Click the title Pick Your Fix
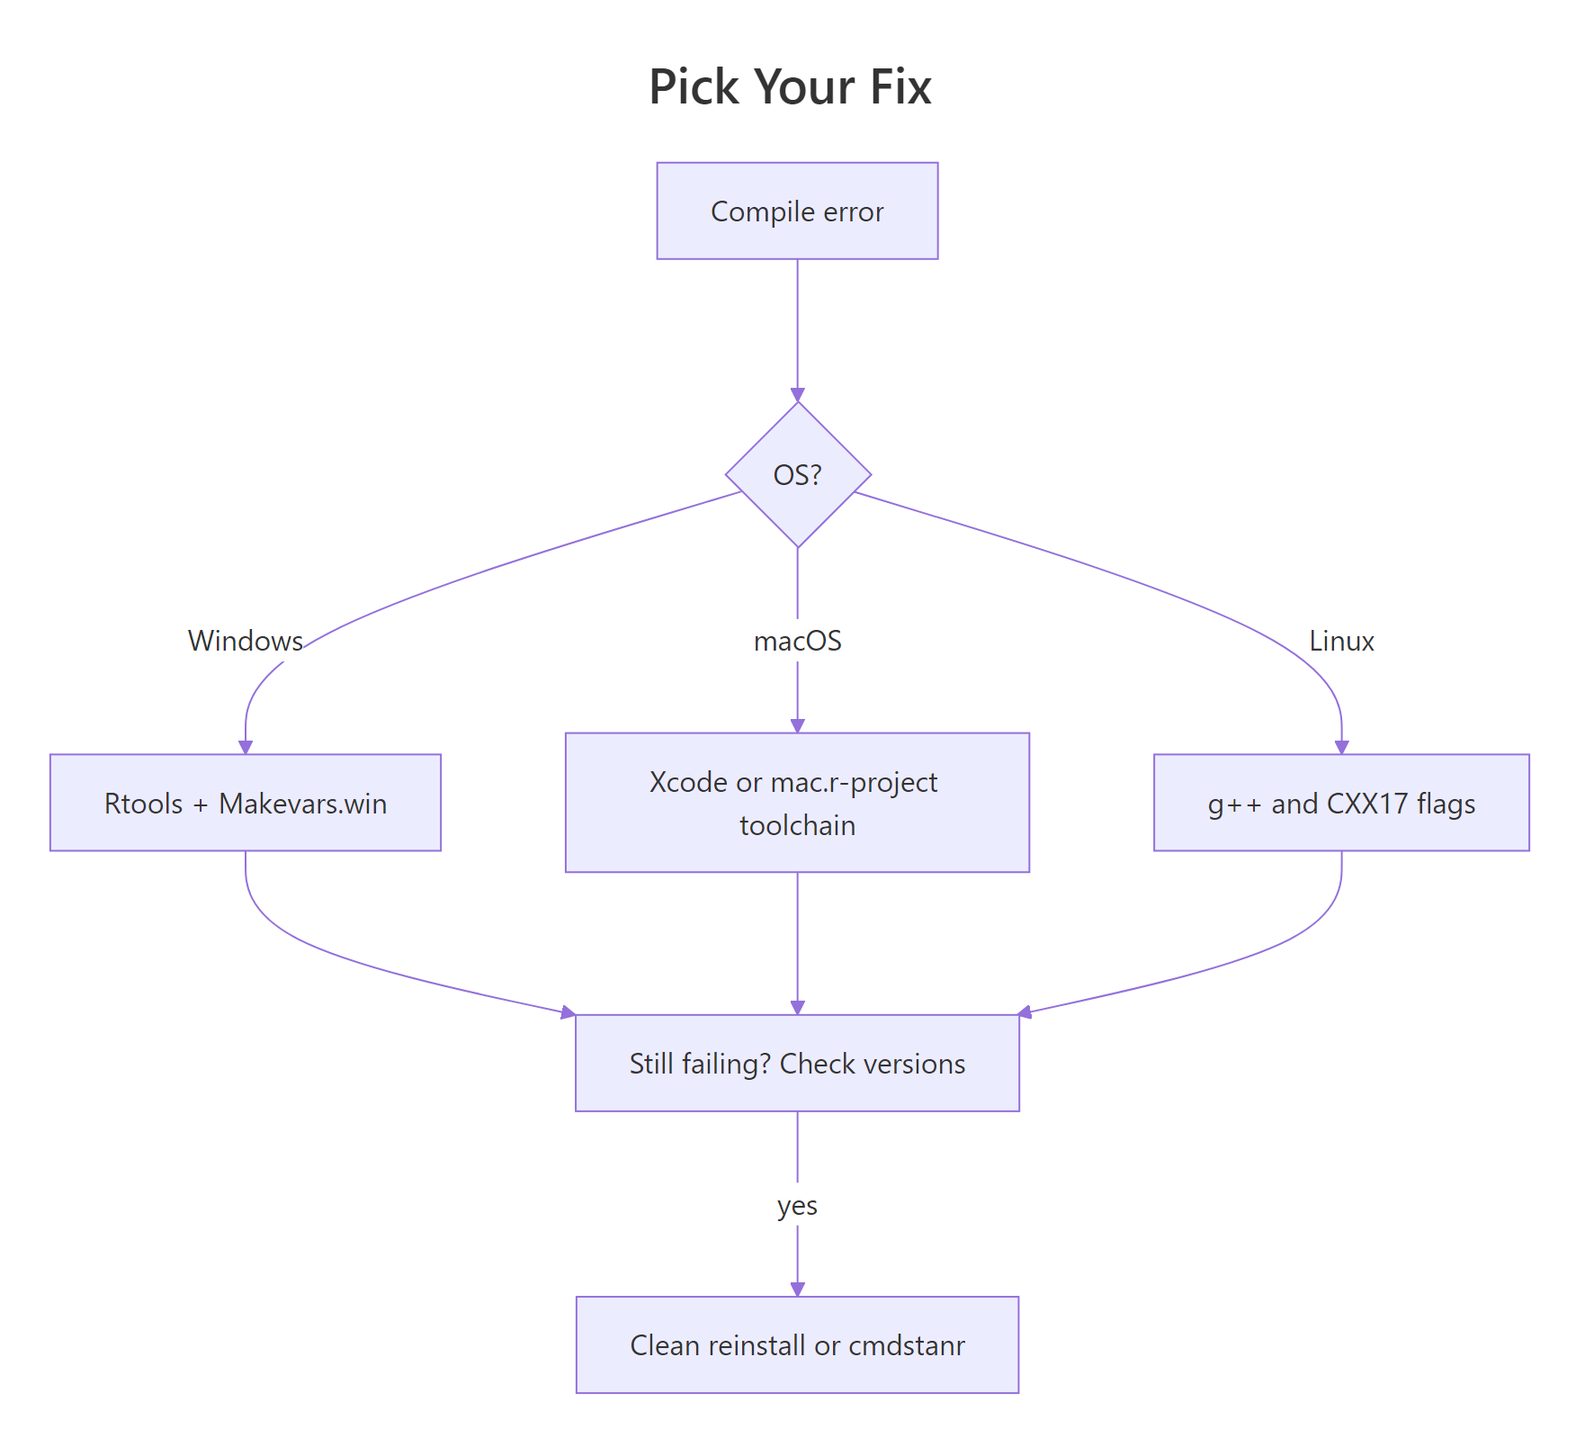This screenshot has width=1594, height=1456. point(790,87)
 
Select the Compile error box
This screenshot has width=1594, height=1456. point(797,211)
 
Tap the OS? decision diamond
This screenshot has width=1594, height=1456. point(797,474)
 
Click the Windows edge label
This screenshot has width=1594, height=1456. point(245,641)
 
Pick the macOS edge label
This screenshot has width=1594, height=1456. point(797,641)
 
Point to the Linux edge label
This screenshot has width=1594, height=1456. point(1341,641)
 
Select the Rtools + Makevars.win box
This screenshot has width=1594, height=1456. point(246,803)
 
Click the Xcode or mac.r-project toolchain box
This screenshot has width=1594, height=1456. point(797,803)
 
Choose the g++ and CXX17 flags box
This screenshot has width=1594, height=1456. point(1341,803)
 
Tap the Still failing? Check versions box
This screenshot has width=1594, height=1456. point(797,1064)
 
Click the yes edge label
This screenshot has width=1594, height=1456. point(797,1205)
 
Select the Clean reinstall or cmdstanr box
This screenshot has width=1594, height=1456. point(797,1345)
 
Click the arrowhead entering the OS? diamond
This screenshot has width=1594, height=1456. point(797,395)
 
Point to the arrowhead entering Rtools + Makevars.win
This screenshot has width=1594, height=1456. point(246,747)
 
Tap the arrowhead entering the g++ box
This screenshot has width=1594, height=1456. point(1341,747)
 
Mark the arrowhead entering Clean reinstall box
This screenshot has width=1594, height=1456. point(797,1290)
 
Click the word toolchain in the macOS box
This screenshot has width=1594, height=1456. point(797,825)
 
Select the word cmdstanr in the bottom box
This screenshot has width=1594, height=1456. point(907,1345)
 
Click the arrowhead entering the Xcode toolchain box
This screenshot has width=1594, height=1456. point(797,725)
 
